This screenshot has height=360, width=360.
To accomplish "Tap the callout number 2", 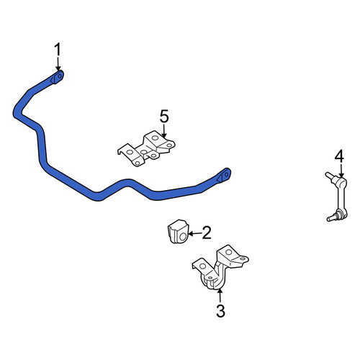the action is click(207, 233).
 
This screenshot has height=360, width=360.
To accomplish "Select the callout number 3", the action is click(220, 310).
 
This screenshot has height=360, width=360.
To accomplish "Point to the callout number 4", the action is click(339, 156).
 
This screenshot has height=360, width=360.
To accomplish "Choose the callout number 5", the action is click(164, 117).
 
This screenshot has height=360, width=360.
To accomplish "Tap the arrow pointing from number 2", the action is click(195, 233).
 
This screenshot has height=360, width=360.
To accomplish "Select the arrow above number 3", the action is click(220, 296).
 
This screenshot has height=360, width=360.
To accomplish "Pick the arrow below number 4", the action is click(341, 171).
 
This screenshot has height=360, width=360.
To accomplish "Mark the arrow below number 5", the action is click(164, 131).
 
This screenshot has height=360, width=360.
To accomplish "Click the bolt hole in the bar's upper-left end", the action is click(60, 76).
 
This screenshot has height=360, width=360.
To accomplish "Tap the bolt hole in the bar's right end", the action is click(226, 174).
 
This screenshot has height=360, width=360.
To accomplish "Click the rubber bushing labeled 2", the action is click(178, 231).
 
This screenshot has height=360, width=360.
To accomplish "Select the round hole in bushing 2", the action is click(183, 237).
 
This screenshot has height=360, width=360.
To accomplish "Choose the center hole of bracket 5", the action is click(144, 152).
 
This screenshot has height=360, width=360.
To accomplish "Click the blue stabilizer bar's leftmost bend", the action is click(18, 112).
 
